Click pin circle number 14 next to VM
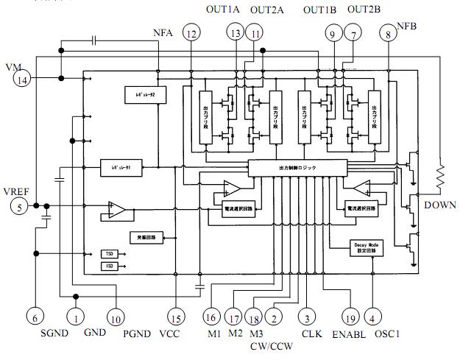tap(23, 80)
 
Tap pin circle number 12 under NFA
tap(191, 33)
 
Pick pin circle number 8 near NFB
tap(388, 33)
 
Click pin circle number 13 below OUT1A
tap(236, 33)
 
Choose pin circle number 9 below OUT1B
tap(333, 33)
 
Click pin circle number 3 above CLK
tap(303, 317)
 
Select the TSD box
tap(109, 253)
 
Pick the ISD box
tap(109, 266)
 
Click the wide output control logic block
tap(297, 168)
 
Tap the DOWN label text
tap(440, 205)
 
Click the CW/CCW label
tap(270, 343)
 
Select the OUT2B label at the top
tap(364, 10)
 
